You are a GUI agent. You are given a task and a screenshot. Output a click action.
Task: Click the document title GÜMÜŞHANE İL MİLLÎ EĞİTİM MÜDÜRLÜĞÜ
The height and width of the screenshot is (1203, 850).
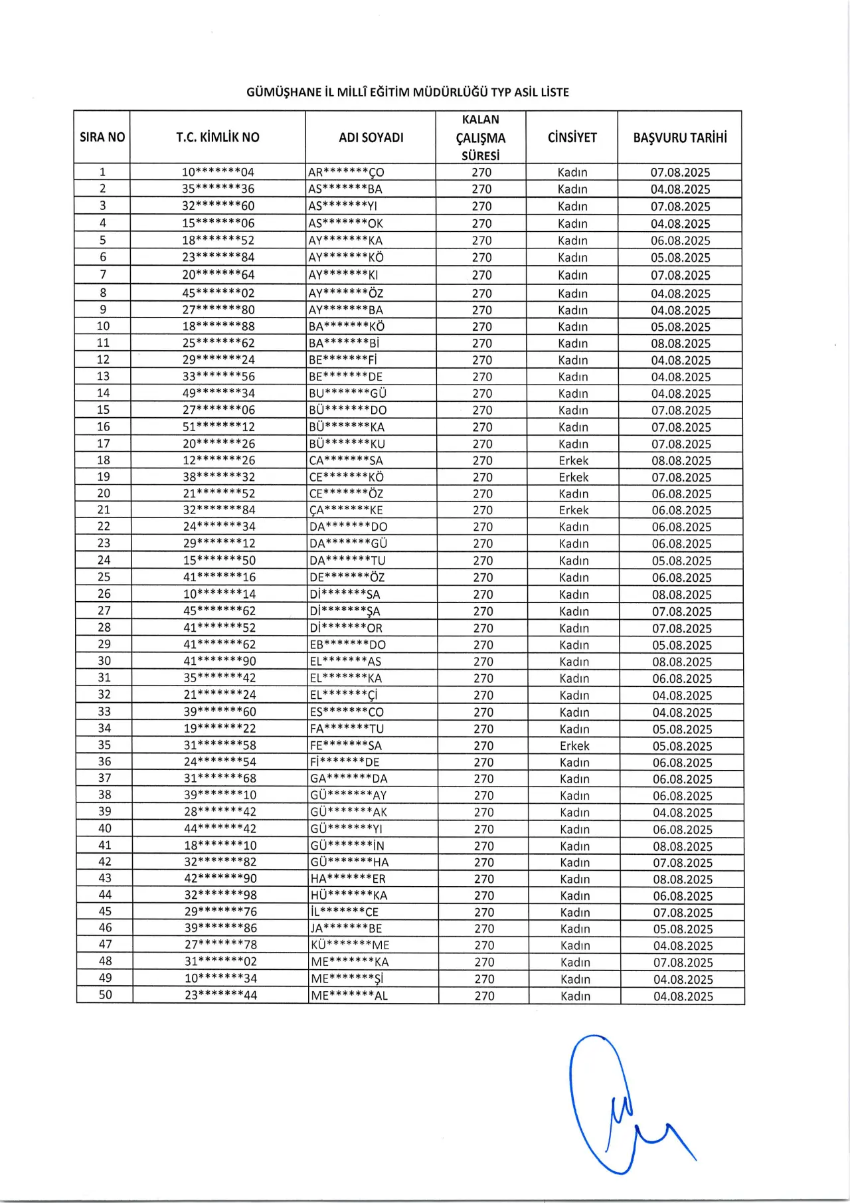coord(407,92)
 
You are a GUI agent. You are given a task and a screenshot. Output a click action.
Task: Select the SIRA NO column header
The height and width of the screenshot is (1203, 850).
coord(102,138)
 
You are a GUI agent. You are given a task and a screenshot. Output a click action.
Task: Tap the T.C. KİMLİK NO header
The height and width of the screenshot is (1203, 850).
coord(218,138)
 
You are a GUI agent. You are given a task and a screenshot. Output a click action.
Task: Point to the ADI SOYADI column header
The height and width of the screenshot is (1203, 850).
coord(371,138)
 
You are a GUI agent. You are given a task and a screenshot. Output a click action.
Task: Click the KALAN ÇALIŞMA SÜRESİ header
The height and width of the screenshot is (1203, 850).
coord(481,138)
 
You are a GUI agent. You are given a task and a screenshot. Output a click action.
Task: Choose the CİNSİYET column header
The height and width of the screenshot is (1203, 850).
coord(572,138)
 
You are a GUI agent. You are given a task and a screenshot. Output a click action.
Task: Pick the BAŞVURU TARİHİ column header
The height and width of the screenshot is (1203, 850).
coord(680,138)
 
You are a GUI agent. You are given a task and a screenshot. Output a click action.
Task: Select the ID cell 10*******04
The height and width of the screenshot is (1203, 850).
coord(218,172)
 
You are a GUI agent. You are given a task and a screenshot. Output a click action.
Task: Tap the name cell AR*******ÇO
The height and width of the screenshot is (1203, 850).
coord(346,172)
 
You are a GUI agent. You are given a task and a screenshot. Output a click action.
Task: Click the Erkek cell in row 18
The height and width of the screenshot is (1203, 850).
coord(573,460)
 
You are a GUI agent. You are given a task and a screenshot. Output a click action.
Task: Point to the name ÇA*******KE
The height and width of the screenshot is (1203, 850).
coord(346,510)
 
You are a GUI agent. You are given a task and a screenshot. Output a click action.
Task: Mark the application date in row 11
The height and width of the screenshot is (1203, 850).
coord(681,343)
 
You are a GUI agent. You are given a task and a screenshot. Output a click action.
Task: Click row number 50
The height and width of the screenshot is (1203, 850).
coord(105,995)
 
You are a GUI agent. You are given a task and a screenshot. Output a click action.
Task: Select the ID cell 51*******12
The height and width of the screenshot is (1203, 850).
coord(218,427)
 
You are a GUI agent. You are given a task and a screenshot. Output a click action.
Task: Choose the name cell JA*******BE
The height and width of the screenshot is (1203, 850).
coord(346,929)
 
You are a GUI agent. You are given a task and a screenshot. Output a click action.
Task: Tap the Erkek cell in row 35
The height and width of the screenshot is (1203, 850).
coord(574,746)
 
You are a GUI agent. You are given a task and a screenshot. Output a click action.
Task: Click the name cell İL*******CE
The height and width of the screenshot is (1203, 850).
coord(345,912)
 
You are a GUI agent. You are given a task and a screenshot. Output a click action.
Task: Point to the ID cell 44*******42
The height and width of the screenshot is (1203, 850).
coord(220,829)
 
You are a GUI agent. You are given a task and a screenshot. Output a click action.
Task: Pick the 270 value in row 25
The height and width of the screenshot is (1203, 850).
coord(483,577)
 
